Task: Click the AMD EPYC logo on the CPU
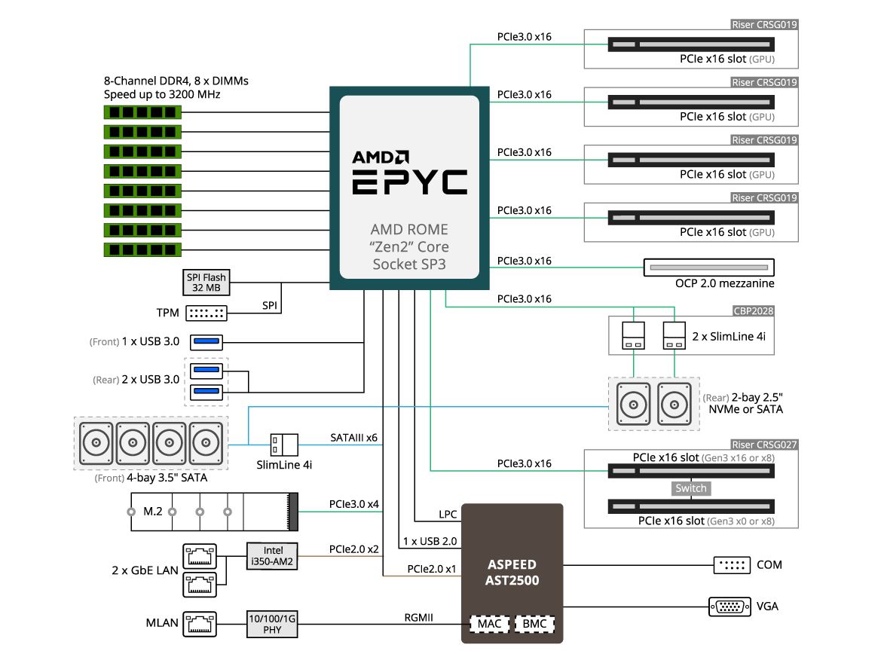[409, 173]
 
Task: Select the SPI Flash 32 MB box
[206, 283]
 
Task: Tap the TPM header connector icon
[206, 313]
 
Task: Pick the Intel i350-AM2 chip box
[273, 556]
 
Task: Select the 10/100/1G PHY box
[273, 623]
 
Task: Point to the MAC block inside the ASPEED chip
[489, 624]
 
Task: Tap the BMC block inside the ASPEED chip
[534, 624]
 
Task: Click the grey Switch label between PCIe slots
[690, 488]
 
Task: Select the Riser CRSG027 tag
[764, 445]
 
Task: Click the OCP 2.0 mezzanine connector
[709, 267]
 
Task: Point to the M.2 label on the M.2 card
[154, 512]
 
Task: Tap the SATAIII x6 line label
[353, 437]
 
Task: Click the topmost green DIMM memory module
[142, 112]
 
